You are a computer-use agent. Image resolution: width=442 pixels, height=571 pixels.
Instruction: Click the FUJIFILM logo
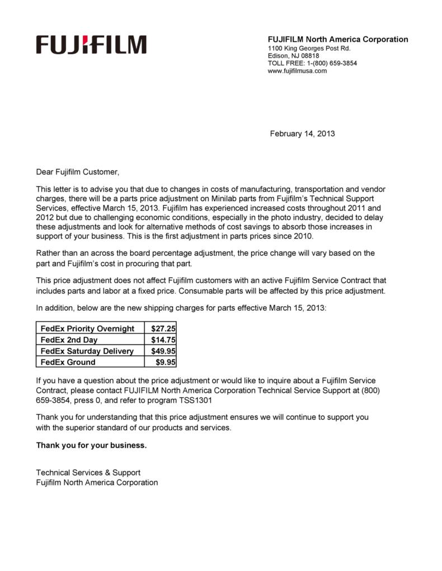pyautogui.click(x=91, y=45)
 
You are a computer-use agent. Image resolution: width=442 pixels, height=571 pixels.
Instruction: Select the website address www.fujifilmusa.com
pyautogui.click(x=297, y=71)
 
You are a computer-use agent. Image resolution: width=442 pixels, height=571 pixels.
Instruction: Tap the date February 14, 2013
pyautogui.click(x=302, y=134)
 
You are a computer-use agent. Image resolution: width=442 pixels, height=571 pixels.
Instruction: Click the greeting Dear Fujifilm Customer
pyautogui.click(x=78, y=172)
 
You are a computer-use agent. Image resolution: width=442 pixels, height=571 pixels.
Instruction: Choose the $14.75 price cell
pyautogui.click(x=163, y=340)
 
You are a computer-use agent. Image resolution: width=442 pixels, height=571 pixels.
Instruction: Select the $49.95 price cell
pyautogui.click(x=163, y=351)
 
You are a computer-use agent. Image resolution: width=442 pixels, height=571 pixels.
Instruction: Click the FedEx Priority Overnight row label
pyautogui.click(x=87, y=329)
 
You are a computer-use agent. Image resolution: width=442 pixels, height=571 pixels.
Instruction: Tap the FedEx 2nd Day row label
pyautogui.click(x=69, y=340)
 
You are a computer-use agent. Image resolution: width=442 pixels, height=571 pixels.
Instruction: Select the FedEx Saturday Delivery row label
pyautogui.click(x=87, y=351)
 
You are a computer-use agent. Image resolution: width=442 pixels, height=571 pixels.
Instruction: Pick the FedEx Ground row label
pyautogui.click(x=68, y=362)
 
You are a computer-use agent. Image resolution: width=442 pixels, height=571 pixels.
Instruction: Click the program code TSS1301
pyautogui.click(x=195, y=401)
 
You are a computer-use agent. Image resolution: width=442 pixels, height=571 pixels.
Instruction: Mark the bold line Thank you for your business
pyautogui.click(x=91, y=445)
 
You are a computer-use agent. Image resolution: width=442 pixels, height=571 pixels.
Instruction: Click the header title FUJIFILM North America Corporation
pyautogui.click(x=338, y=39)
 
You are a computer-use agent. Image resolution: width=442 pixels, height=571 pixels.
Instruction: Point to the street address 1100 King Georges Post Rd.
pyautogui.click(x=309, y=48)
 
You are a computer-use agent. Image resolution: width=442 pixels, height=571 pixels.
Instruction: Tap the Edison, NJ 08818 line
pyautogui.click(x=293, y=56)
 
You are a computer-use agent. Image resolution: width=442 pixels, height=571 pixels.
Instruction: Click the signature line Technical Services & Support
pyautogui.click(x=88, y=473)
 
